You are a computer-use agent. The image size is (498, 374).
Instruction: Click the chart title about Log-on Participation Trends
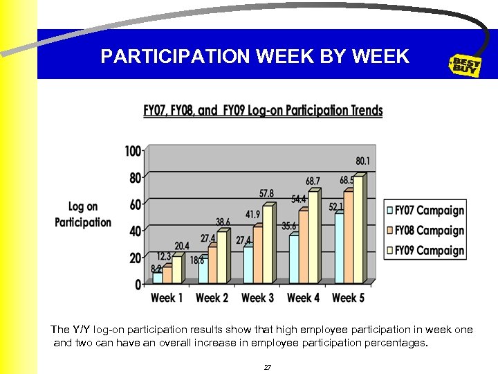263,111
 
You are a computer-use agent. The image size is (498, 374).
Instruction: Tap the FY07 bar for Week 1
158,278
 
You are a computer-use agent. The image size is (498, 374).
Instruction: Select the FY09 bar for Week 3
268,244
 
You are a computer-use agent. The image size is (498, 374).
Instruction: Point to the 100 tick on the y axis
133,151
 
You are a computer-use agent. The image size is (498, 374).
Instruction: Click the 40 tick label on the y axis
135,231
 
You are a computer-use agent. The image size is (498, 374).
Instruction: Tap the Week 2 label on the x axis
212,298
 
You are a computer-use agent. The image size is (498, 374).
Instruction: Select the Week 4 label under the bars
303,298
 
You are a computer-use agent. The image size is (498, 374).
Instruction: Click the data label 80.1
362,161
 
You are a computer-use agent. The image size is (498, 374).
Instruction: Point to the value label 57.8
266,193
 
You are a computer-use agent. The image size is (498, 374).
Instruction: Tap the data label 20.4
182,246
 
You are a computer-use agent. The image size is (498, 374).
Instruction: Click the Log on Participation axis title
83,214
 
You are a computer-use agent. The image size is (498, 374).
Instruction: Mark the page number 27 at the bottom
268,367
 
